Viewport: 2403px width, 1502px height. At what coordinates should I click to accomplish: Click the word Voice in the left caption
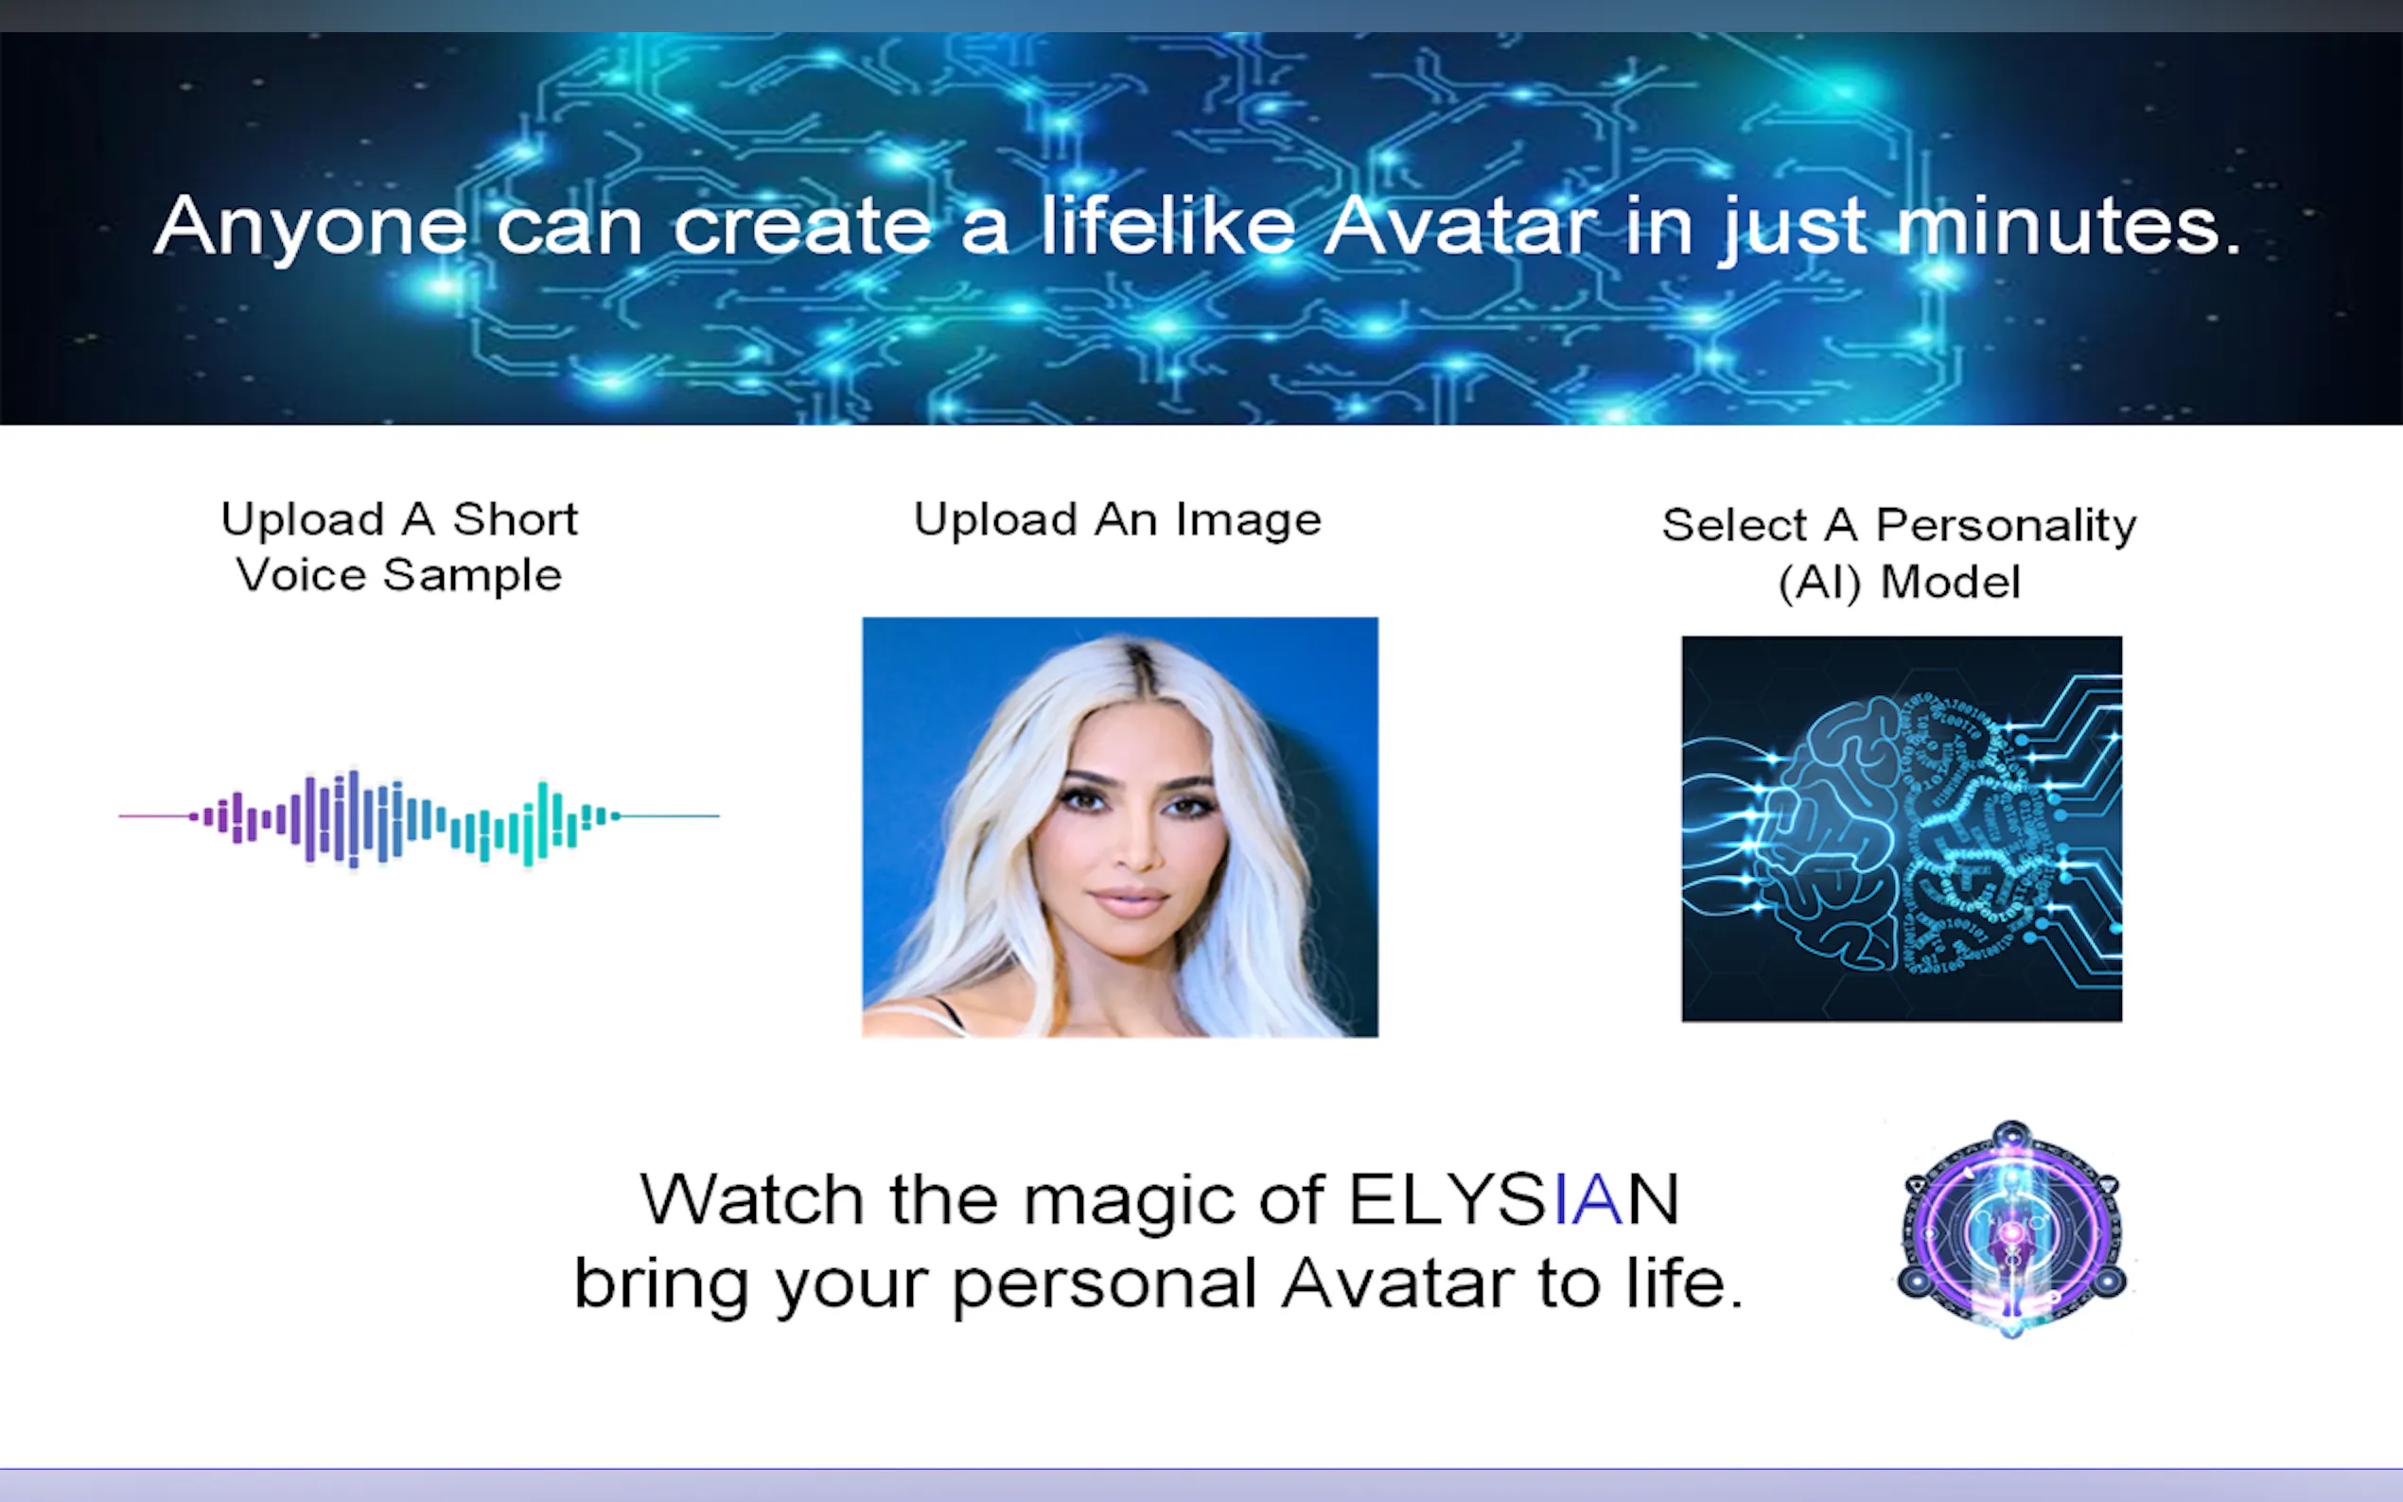click(x=300, y=575)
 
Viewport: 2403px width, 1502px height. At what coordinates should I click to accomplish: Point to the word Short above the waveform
click(x=515, y=519)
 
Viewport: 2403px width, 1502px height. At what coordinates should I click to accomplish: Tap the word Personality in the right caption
click(x=2006, y=527)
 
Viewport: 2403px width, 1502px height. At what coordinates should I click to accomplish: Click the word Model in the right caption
click(x=1951, y=582)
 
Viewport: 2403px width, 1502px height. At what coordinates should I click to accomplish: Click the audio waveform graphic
click(x=419, y=817)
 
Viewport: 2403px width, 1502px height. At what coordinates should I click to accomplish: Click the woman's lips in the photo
click(x=1130, y=900)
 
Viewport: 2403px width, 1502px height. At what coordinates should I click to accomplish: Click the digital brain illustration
click(x=1902, y=829)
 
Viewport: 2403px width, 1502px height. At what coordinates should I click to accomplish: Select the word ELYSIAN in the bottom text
click(x=1513, y=1199)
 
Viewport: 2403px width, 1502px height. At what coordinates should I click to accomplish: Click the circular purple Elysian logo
click(x=2011, y=1230)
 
